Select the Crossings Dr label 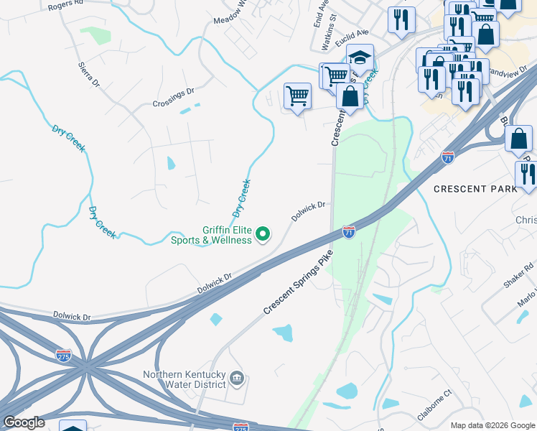(173, 98)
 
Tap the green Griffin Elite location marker (263, 233)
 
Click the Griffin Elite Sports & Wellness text (211, 236)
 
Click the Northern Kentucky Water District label (185, 380)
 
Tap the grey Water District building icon (238, 378)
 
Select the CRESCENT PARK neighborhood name (475, 189)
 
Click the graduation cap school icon (360, 57)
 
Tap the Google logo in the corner (24, 422)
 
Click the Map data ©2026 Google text (492, 425)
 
